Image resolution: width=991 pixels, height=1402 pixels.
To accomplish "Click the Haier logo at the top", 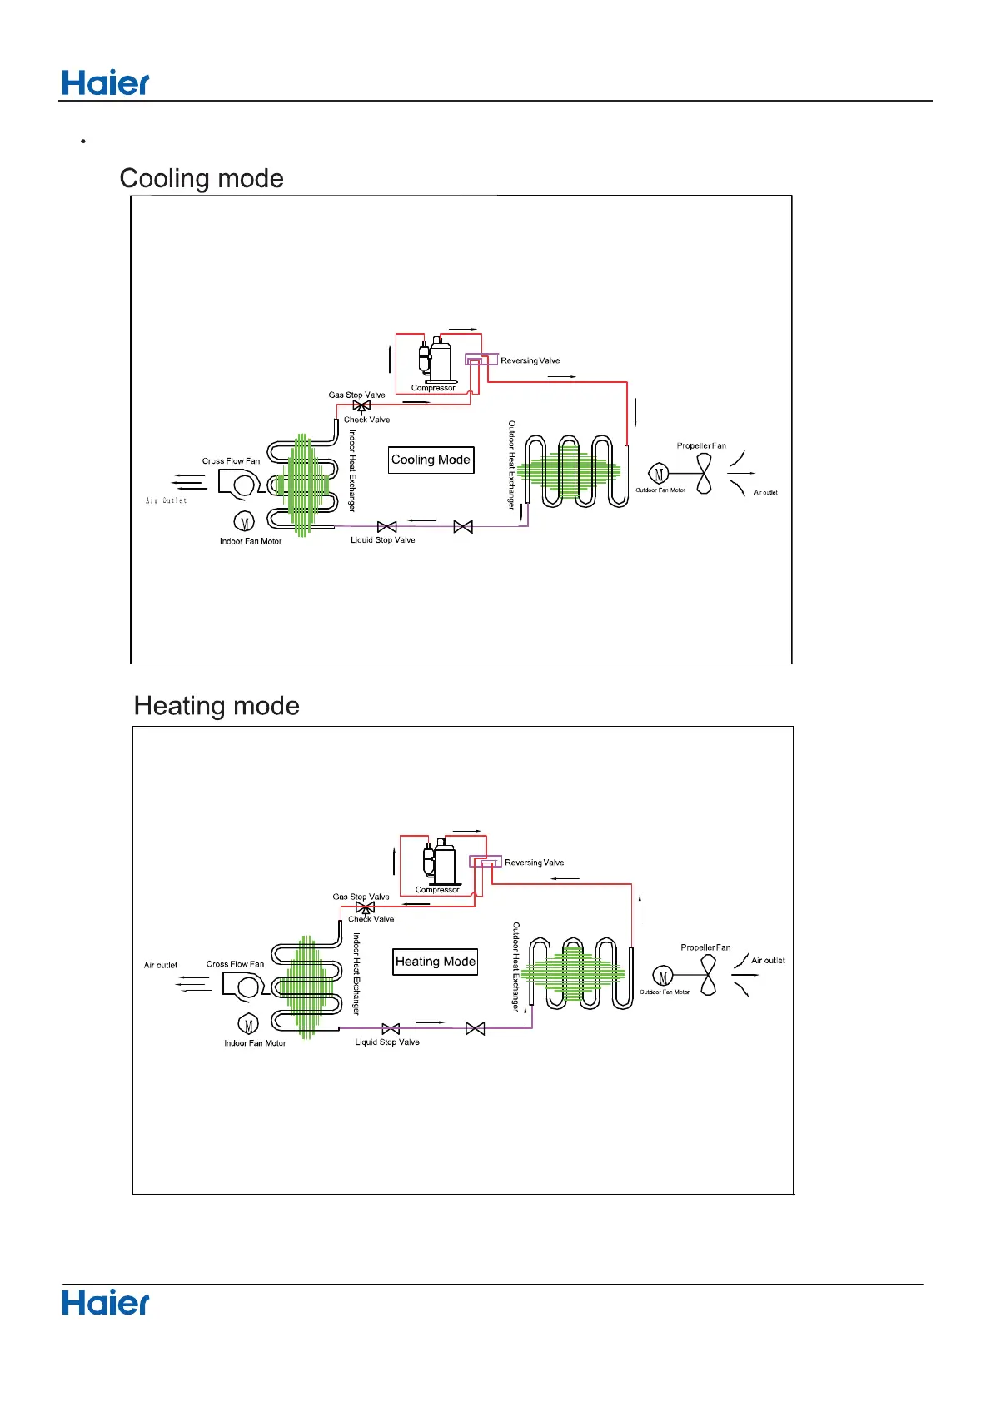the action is click(106, 83).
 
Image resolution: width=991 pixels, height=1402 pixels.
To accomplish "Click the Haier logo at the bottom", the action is click(106, 1303).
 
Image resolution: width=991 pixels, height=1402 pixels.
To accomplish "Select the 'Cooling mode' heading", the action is click(202, 178).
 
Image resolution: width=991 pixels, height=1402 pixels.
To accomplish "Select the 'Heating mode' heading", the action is click(217, 706).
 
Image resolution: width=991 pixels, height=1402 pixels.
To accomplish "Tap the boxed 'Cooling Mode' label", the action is click(431, 460).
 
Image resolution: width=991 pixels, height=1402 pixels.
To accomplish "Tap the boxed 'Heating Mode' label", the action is click(436, 962).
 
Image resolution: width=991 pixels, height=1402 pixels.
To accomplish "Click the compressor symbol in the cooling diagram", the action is click(435, 360).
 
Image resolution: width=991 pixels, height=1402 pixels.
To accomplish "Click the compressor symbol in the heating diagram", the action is click(439, 862).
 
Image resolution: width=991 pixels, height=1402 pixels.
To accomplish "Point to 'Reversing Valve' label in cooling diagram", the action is click(530, 360).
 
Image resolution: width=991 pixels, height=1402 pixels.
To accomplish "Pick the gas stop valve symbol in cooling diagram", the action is click(361, 406).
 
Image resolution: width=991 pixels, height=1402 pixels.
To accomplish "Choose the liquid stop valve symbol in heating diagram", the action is click(391, 1029).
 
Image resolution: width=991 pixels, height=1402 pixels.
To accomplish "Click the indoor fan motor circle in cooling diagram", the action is click(244, 522).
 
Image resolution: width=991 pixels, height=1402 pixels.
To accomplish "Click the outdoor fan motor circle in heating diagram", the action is click(663, 977).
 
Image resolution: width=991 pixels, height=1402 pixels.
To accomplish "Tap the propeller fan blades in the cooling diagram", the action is click(705, 475).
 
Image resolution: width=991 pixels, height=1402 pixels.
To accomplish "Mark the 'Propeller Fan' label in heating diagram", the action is click(705, 947).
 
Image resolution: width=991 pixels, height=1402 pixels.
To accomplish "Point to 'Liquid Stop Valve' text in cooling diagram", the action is click(382, 540).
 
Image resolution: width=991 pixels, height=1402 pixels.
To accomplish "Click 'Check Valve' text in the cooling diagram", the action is click(366, 420).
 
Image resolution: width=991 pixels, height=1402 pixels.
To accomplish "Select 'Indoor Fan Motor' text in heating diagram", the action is click(255, 1043).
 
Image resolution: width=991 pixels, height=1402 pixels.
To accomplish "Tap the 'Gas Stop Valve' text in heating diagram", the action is click(361, 897).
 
